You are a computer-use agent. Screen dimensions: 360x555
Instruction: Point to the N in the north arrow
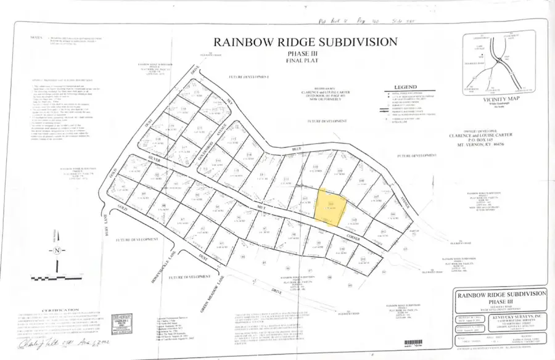pos(56,250)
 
